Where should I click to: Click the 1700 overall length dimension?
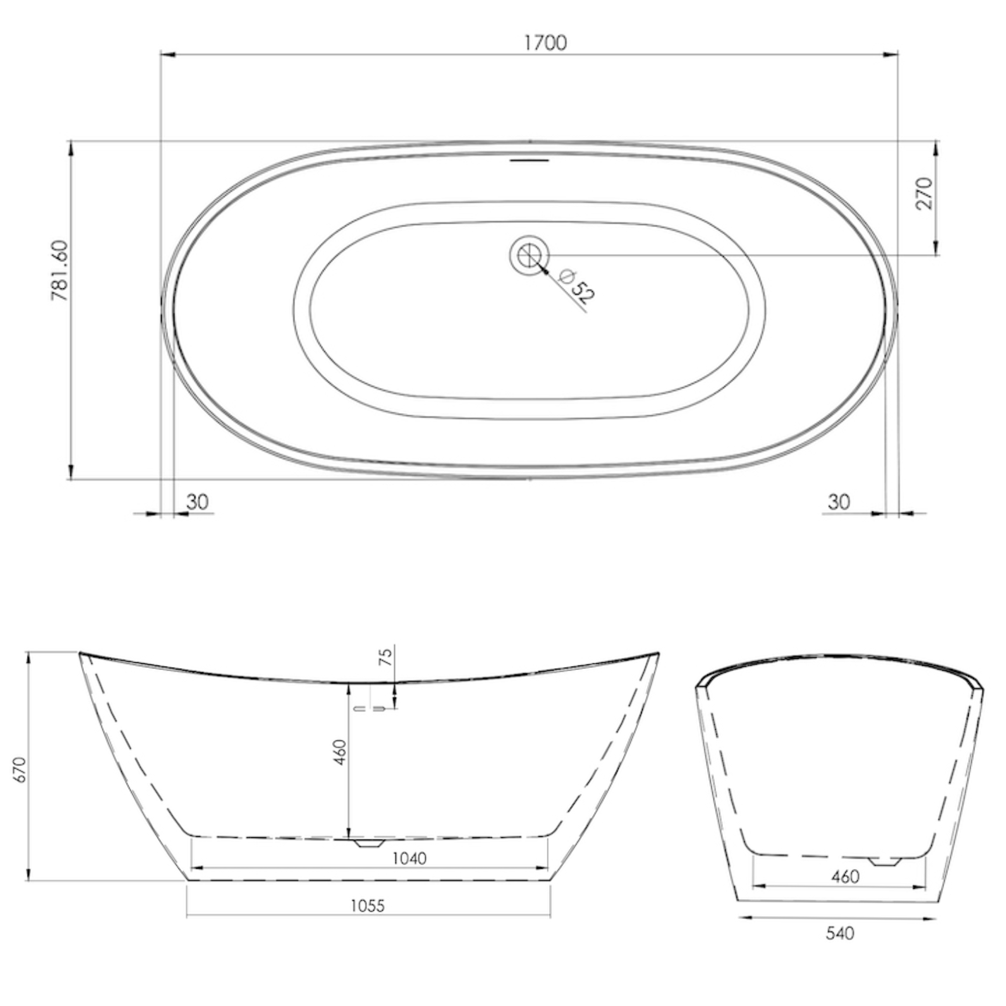pyautogui.click(x=545, y=43)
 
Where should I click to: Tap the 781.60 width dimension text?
pyautogui.click(x=60, y=270)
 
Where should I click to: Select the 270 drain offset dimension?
pyautogui.click(x=924, y=193)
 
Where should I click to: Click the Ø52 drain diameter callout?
pyautogui.click(x=576, y=286)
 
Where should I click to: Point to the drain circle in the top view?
pyautogui.click(x=529, y=255)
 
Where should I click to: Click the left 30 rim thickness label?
pyautogui.click(x=197, y=502)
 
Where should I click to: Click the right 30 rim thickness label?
pyautogui.click(x=839, y=502)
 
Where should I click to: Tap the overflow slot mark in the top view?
pyautogui.click(x=530, y=160)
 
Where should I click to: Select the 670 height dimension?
pyautogui.click(x=20, y=770)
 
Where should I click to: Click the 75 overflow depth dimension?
pyautogui.click(x=386, y=656)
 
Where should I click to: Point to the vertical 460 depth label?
pyautogui.click(x=340, y=752)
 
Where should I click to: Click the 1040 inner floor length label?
pyautogui.click(x=409, y=858)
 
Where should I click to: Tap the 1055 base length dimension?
pyautogui.click(x=368, y=906)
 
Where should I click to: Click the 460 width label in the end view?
pyautogui.click(x=845, y=877)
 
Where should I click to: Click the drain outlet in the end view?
pyautogui.click(x=886, y=861)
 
